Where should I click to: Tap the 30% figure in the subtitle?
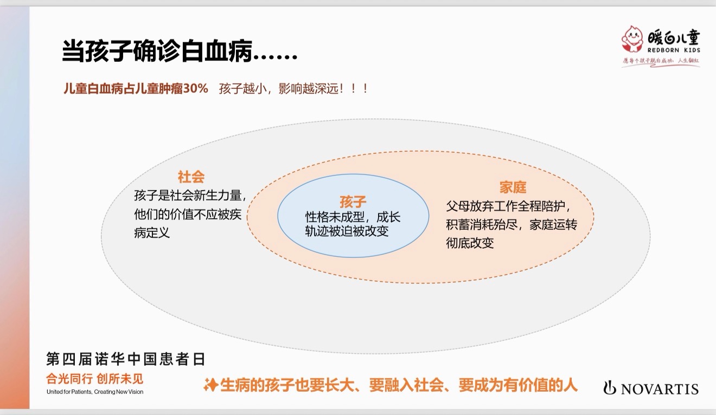tap(195, 88)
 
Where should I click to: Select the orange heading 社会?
tap(191, 177)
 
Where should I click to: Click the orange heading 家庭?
tap(513, 187)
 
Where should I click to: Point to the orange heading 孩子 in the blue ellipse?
tap(353, 202)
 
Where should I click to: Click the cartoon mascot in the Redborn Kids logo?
tap(632, 39)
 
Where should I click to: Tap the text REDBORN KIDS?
tap(674, 50)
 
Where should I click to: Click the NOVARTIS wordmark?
tap(660, 389)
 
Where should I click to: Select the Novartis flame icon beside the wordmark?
tap(609, 387)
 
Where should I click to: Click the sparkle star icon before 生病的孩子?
tap(210, 385)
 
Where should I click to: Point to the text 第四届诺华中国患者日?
tap(125, 359)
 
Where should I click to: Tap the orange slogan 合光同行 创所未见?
tap(94, 379)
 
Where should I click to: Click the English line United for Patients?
tap(95, 392)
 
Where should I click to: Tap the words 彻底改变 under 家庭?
tap(470, 243)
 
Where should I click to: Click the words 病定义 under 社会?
tap(152, 232)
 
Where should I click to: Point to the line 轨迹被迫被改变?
tap(347, 231)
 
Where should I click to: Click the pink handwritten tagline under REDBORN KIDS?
tap(661, 61)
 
